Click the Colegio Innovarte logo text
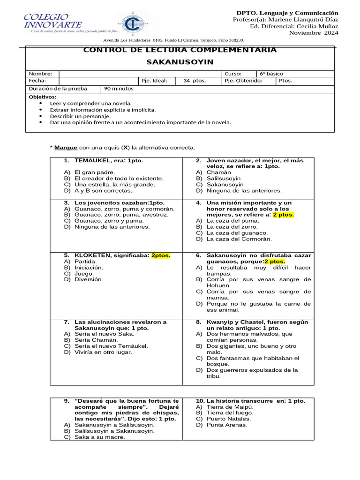(52, 22)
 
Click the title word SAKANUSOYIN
(180, 62)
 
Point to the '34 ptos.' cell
(195, 81)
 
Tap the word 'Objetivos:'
(42, 97)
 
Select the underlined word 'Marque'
(66, 148)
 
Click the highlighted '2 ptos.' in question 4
(283, 215)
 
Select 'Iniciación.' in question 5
(89, 268)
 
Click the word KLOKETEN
(92, 255)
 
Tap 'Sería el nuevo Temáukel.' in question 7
(111, 346)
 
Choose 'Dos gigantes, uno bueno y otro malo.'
(252, 349)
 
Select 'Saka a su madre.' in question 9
(100, 437)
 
